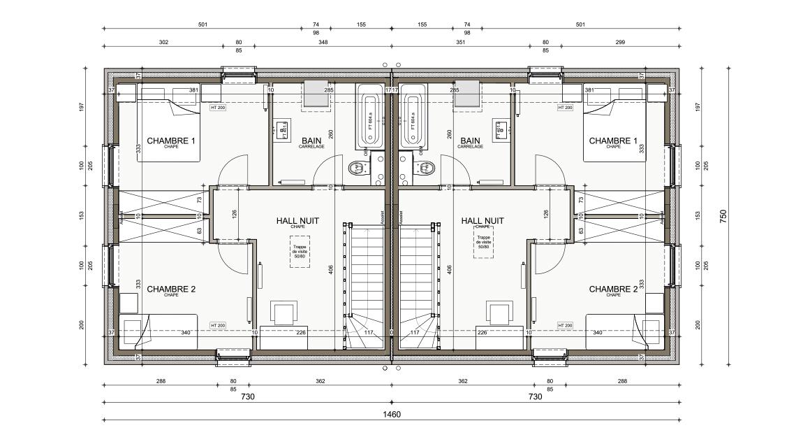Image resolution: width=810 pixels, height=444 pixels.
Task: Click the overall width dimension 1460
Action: click(391, 414)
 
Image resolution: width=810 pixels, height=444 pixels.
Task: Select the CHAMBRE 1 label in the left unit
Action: click(171, 141)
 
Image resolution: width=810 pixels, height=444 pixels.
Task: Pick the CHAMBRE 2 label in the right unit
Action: click(613, 289)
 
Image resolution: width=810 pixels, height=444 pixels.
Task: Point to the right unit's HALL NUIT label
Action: click(483, 221)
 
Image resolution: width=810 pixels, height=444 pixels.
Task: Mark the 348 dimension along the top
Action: click(323, 43)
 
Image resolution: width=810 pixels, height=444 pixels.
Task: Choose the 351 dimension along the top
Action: click(461, 43)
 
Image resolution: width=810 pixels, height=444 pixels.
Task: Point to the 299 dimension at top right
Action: click(620, 43)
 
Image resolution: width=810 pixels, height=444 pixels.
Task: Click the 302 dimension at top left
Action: click(163, 43)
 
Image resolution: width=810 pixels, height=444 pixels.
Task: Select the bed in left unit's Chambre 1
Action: click(168, 129)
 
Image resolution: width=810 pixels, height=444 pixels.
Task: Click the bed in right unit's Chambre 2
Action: click(624, 330)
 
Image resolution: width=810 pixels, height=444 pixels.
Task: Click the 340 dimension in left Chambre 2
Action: click(186, 333)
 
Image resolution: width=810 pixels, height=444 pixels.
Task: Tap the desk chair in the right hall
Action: click(499, 313)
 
